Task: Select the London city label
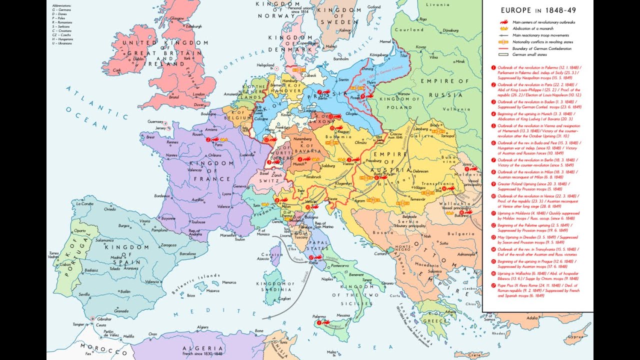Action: coord(197,94)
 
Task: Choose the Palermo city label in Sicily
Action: coord(305,316)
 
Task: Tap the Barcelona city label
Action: coord(188,253)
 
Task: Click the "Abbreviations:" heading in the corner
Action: coord(61,5)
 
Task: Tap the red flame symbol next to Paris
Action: coord(208,140)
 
